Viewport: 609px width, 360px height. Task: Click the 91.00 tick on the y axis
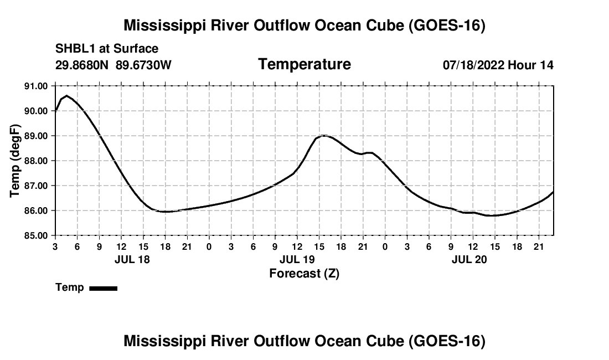(36, 86)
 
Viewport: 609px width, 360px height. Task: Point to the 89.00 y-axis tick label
(36, 136)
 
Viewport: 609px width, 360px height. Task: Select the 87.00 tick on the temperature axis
(36, 186)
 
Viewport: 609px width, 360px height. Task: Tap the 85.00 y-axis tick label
(36, 236)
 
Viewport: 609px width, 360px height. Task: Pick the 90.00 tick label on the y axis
(36, 111)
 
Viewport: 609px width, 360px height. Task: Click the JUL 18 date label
(132, 259)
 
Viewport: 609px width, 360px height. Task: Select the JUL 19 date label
(297, 259)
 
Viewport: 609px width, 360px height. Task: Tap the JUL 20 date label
(469, 259)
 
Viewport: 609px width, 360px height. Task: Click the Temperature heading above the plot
(304, 64)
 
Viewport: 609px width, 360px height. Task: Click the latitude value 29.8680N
(82, 65)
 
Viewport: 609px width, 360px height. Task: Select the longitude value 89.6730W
(143, 65)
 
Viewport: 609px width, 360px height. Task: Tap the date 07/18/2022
(474, 65)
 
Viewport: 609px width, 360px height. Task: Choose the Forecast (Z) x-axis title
(304, 274)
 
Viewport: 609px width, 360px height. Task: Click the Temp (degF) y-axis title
(15, 161)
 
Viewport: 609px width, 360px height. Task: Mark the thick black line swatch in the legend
(104, 288)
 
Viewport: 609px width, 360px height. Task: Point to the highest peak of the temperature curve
(67, 95)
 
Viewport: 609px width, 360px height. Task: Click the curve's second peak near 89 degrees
(324, 136)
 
